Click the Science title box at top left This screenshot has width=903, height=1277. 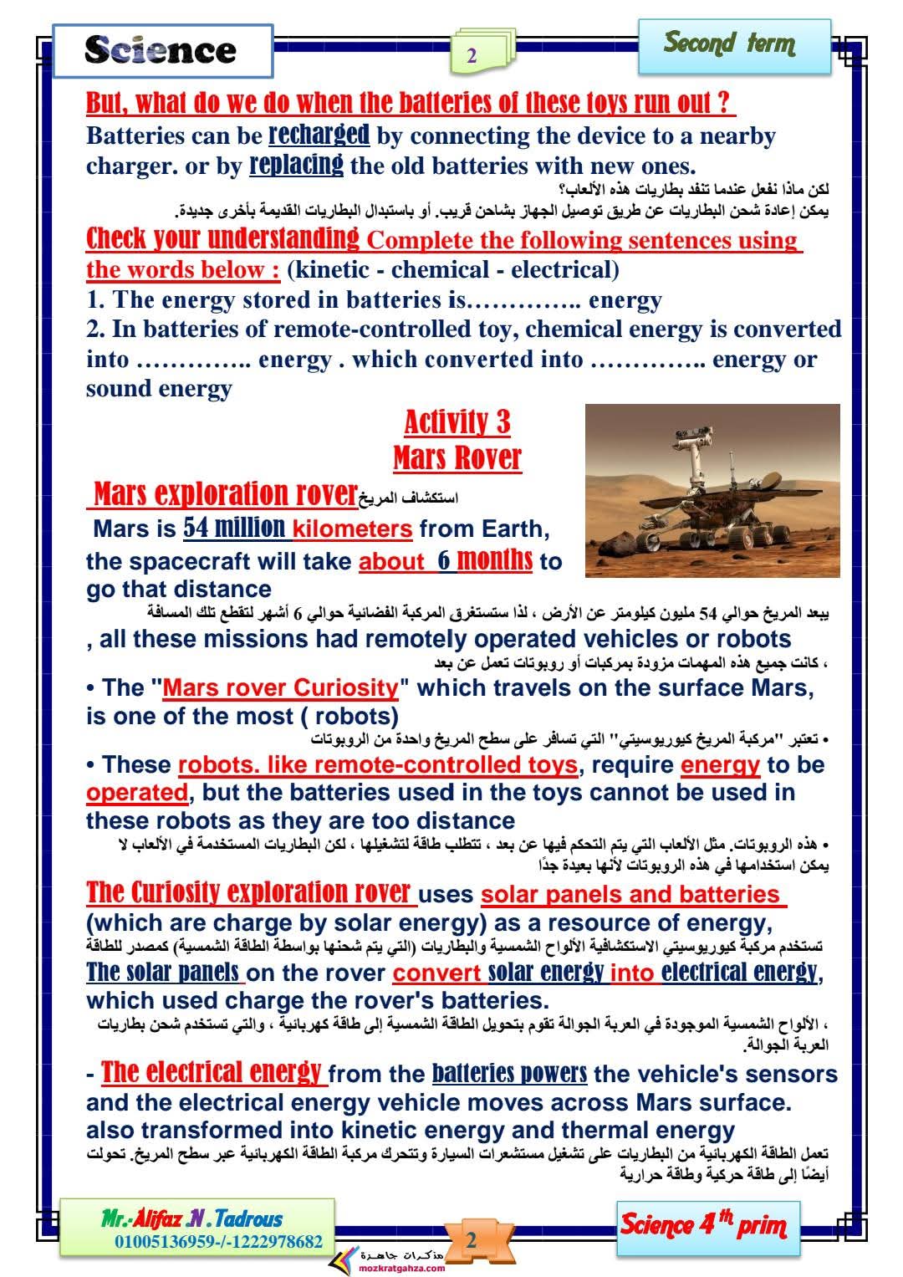tap(162, 50)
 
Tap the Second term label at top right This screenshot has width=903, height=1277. tap(729, 43)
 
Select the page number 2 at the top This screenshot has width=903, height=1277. tap(472, 56)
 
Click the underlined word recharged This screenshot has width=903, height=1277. tap(319, 135)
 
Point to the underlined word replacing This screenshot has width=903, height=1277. tap(296, 165)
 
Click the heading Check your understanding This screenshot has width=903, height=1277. tap(223, 239)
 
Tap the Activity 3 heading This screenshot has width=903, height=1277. tap(457, 422)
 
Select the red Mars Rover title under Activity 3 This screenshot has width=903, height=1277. tap(457, 457)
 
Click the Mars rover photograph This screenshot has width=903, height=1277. tap(712, 490)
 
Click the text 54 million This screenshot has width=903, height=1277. tap(234, 529)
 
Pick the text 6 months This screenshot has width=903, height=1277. tap(485, 559)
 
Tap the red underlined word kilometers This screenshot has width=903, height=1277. tap(352, 529)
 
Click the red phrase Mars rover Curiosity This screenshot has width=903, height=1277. tap(281, 688)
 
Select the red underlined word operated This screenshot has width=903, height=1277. tap(137, 792)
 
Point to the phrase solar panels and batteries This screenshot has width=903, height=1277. tap(631, 895)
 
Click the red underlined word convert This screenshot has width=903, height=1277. tap(437, 973)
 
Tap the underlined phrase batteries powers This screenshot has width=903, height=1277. tap(509, 1074)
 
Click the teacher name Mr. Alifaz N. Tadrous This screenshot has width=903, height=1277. tap(191, 1218)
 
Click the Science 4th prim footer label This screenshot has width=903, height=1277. tap(703, 1226)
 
